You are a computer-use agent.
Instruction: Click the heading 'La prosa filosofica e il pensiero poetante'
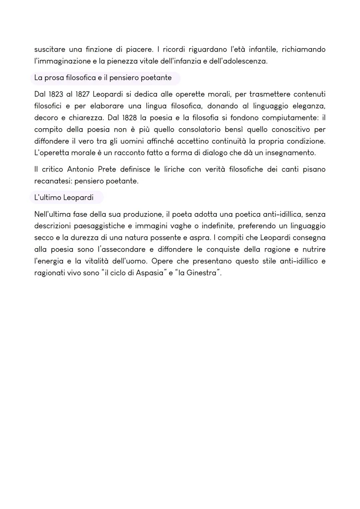(x=103, y=78)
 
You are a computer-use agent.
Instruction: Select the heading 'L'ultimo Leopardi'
(x=64, y=198)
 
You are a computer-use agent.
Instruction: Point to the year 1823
(x=54, y=94)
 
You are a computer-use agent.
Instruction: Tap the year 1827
(x=82, y=94)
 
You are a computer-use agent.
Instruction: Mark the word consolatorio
(x=199, y=130)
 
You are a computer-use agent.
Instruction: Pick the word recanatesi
(x=52, y=181)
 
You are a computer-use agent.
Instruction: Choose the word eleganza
(x=309, y=106)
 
